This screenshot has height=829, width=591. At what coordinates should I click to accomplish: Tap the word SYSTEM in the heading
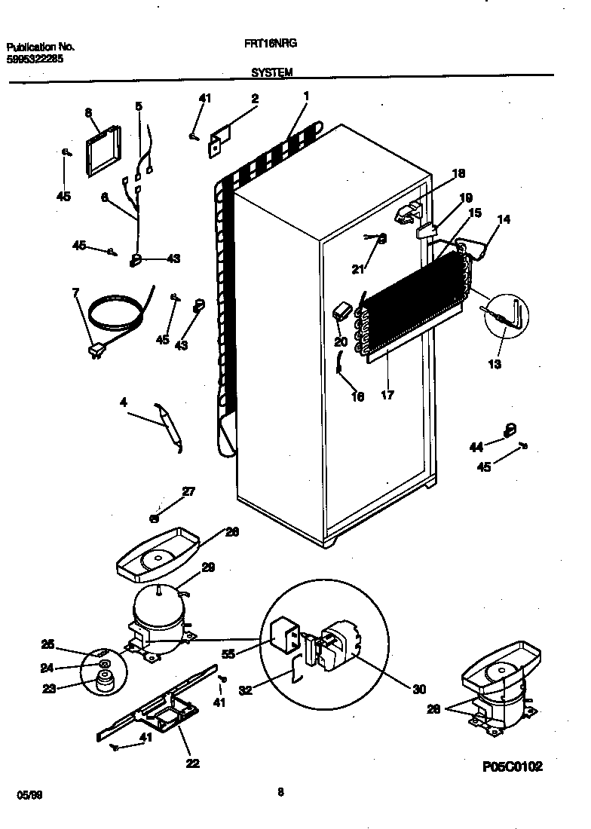(272, 72)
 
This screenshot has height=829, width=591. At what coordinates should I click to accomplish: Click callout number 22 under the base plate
(192, 763)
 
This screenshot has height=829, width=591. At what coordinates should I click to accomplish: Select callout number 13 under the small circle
(495, 364)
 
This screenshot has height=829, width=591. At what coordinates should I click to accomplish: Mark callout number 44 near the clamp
(476, 448)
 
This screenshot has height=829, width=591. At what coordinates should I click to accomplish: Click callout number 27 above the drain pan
(188, 492)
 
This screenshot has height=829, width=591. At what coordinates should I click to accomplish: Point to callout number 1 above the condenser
(307, 96)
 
